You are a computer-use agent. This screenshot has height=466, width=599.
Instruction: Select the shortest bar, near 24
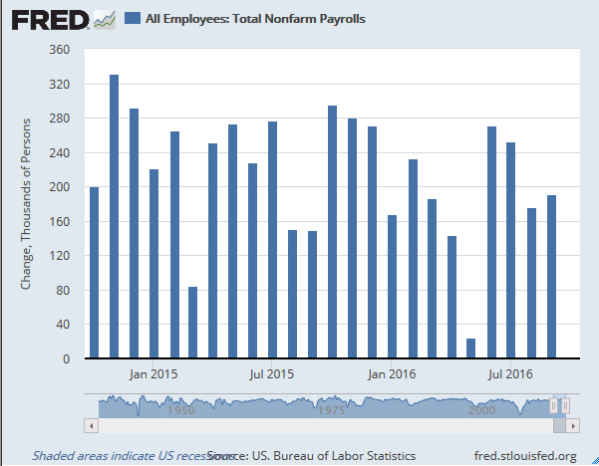(471, 348)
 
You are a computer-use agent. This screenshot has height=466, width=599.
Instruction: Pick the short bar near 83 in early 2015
(192, 322)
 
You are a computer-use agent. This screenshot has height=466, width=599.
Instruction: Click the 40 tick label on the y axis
(63, 325)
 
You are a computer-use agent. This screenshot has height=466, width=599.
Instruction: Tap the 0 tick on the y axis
(67, 359)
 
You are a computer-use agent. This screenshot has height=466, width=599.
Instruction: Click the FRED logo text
(47, 18)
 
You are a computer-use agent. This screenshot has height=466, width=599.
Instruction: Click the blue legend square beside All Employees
(133, 18)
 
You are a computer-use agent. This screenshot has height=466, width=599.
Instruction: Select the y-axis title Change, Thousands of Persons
(26, 205)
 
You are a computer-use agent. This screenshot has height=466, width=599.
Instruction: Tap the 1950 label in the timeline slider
(180, 409)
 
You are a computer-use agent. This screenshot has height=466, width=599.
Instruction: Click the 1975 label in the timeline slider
(331, 409)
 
